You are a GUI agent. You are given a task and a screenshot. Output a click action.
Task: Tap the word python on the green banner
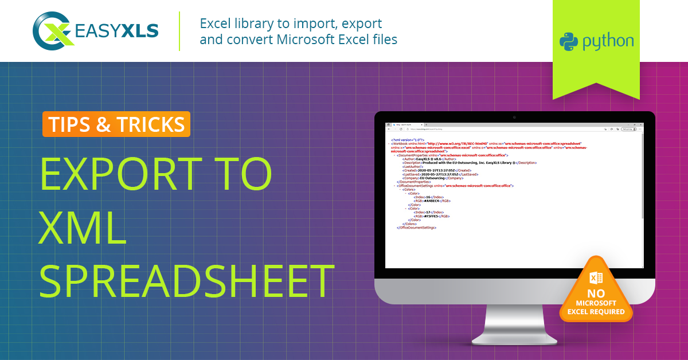pyautogui.click(x=608, y=42)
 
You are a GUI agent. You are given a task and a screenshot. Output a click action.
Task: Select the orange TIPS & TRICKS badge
pyautogui.click(x=116, y=124)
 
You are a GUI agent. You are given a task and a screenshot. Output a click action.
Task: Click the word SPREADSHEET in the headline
pyautogui.click(x=187, y=280)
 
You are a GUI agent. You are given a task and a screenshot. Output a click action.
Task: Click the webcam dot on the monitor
pyautogui.click(x=514, y=117)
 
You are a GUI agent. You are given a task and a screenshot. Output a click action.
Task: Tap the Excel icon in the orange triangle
pyautogui.click(x=596, y=278)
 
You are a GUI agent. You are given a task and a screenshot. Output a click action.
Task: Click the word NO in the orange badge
pyautogui.click(x=596, y=294)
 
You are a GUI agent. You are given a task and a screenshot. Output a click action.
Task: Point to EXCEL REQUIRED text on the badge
pyautogui.click(x=596, y=312)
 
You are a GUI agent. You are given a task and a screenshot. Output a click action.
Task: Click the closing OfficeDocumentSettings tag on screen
pyautogui.click(x=416, y=228)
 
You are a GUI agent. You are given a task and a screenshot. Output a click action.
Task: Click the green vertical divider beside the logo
pyautogui.click(x=179, y=31)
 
